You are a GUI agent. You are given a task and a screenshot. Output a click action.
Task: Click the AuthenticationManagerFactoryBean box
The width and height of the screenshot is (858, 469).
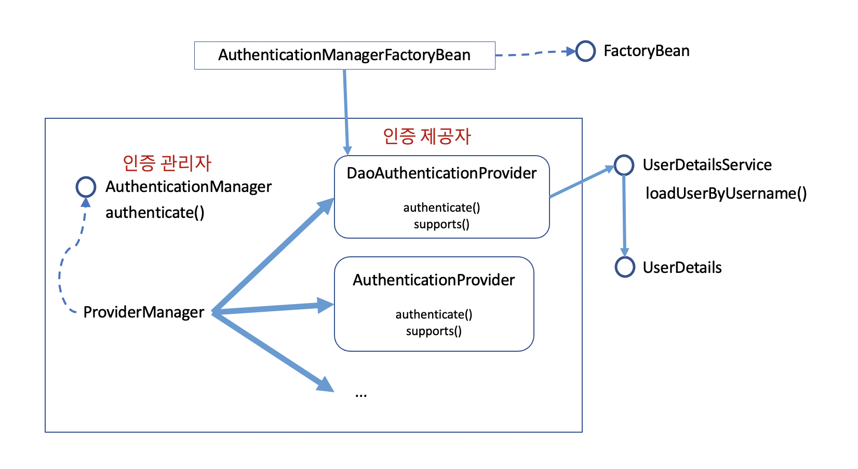point(344,55)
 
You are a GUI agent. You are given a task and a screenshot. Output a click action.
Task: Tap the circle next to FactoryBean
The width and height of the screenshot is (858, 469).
point(585,51)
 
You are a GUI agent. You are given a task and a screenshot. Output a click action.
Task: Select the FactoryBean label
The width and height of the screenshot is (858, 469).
point(646,51)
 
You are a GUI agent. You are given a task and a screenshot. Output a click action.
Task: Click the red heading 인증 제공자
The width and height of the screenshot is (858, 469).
point(426,136)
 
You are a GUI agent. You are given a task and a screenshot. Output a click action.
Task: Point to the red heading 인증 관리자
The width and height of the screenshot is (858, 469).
point(167,163)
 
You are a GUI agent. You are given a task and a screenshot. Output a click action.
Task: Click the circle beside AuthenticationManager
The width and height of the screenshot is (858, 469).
point(86,187)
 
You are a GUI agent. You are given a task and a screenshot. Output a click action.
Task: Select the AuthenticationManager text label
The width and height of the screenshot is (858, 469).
point(188,187)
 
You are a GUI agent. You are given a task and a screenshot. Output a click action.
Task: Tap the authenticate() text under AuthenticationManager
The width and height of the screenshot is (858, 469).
point(155,213)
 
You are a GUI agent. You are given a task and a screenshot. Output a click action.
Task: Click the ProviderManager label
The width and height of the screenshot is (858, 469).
point(143,312)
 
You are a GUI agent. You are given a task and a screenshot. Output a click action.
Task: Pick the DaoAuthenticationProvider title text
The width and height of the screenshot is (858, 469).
point(441,173)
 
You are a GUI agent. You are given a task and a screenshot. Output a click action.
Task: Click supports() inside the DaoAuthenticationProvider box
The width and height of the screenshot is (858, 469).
point(441,224)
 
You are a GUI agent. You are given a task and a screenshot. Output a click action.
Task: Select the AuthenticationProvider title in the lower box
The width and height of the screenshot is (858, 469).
point(434,280)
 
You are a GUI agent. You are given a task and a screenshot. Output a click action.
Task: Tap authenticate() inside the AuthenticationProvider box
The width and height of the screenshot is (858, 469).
point(434,314)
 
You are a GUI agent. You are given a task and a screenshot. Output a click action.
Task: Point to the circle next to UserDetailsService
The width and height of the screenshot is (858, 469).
point(624,165)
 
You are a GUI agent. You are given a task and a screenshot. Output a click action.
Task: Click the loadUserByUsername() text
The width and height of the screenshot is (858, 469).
point(726,194)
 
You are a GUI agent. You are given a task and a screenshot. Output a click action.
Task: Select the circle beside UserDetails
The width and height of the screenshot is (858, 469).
point(625,267)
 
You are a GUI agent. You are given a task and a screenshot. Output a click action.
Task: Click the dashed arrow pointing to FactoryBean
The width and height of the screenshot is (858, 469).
point(535,53)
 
